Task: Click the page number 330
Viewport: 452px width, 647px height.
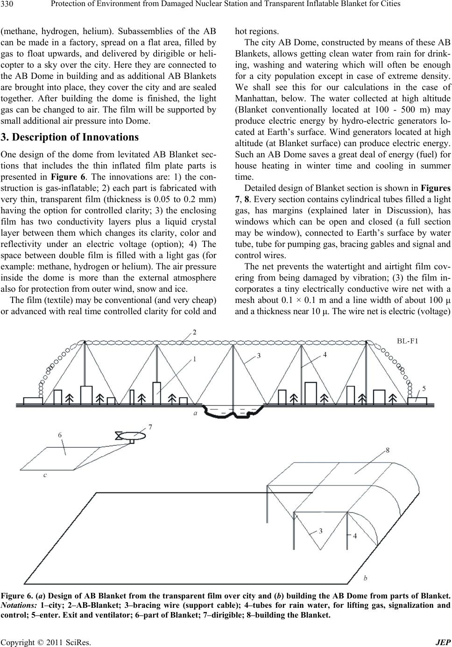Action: pos(7,4)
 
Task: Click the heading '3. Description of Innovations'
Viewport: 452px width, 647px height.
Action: pos(70,137)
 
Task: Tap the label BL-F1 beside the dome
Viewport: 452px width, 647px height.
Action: pos(408,341)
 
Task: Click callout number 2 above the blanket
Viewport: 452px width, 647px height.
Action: pos(195,332)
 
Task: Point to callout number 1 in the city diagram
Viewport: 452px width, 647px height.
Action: pos(195,359)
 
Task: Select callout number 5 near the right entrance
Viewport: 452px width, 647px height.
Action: pos(424,388)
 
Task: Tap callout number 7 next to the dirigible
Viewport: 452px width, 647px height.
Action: pos(150,427)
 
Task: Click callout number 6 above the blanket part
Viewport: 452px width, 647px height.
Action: pos(60,435)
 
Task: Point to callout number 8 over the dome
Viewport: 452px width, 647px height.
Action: pos(388,450)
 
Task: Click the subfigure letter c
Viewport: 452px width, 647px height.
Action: pos(45,475)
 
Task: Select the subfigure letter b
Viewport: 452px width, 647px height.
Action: pos(365,578)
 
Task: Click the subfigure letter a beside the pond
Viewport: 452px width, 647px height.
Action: pos(195,413)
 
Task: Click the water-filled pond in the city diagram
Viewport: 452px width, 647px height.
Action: pos(233,411)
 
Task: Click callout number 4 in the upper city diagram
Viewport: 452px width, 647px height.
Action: pos(325,355)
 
